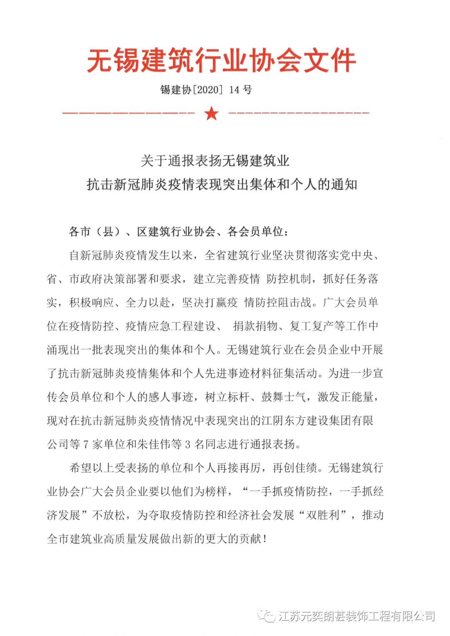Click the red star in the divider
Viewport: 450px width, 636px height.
212,113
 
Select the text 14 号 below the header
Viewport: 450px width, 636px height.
240,90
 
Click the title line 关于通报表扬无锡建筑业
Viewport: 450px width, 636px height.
215,161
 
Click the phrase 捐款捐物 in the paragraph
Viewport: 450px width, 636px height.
255,326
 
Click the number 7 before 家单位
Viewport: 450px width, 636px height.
85,445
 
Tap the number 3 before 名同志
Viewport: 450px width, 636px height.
187,445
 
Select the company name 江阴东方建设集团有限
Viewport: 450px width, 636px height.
317,421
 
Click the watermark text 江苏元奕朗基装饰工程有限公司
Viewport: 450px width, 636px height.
357,616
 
